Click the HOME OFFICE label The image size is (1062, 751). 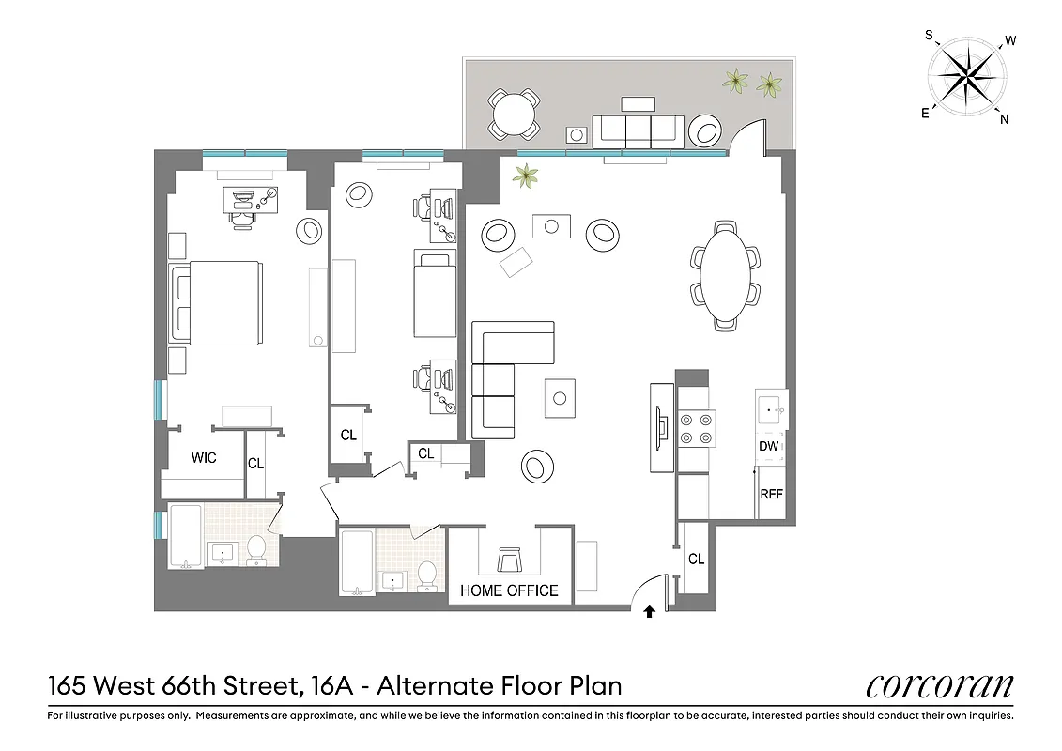(509, 590)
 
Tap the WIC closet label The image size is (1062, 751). (204, 458)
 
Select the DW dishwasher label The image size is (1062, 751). (769, 447)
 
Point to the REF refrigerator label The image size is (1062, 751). (771, 495)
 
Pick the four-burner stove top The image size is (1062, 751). (695, 428)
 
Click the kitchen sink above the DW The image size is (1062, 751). (771, 409)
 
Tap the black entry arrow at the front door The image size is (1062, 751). (649, 613)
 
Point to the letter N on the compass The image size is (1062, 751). (1004, 118)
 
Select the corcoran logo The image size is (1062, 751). (939, 686)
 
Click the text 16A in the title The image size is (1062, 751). (334, 686)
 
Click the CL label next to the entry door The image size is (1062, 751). (696, 559)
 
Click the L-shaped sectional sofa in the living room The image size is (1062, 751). (502, 375)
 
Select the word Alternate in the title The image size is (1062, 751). (435, 686)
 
